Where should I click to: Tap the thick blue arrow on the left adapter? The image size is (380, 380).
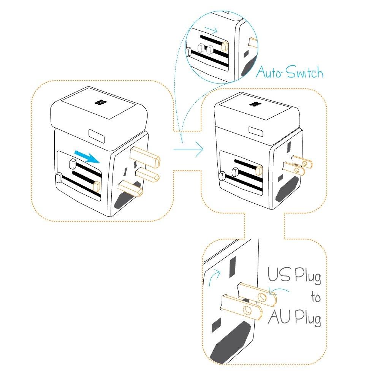[87, 156]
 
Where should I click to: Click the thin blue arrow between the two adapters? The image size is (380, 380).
[189, 150]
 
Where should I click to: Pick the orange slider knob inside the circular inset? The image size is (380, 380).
[224, 46]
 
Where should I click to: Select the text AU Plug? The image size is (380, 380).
[294, 318]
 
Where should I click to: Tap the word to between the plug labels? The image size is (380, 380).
[315, 298]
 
